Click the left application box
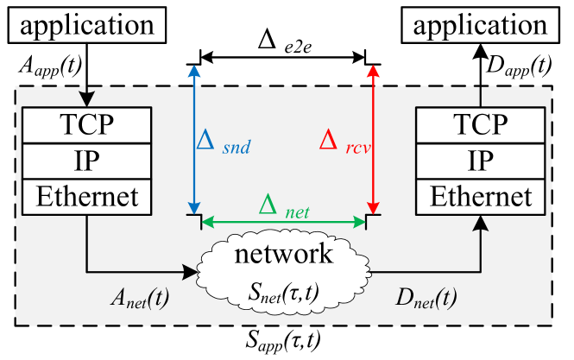click(85, 25)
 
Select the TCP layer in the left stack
click(86, 126)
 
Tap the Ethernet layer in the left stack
click(86, 197)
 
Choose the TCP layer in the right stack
click(481, 126)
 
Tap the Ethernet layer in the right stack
click(481, 197)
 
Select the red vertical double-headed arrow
click(373, 138)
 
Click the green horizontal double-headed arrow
click(284, 223)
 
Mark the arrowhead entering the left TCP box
click(86, 99)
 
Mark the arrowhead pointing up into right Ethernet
click(481, 223)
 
